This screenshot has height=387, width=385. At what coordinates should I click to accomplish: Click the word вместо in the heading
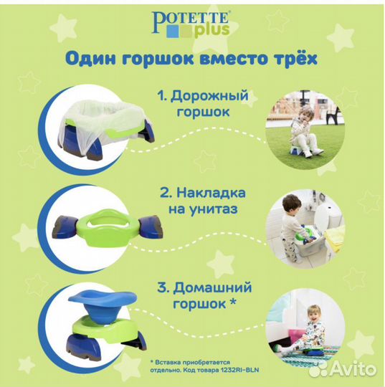tap(223, 59)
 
